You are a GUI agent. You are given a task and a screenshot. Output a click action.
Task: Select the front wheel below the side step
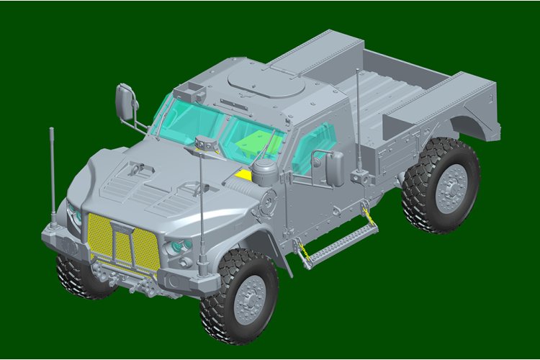pyautogui.click(x=239, y=296)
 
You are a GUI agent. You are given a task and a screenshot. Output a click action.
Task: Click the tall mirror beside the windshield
pyautogui.click(x=125, y=102)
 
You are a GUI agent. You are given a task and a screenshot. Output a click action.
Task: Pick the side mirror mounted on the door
pyautogui.click(x=335, y=168)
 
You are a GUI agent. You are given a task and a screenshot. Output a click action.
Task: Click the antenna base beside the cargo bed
pyautogui.click(x=357, y=175)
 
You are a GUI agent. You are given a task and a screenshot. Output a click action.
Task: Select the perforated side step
pyautogui.click(x=338, y=241)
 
